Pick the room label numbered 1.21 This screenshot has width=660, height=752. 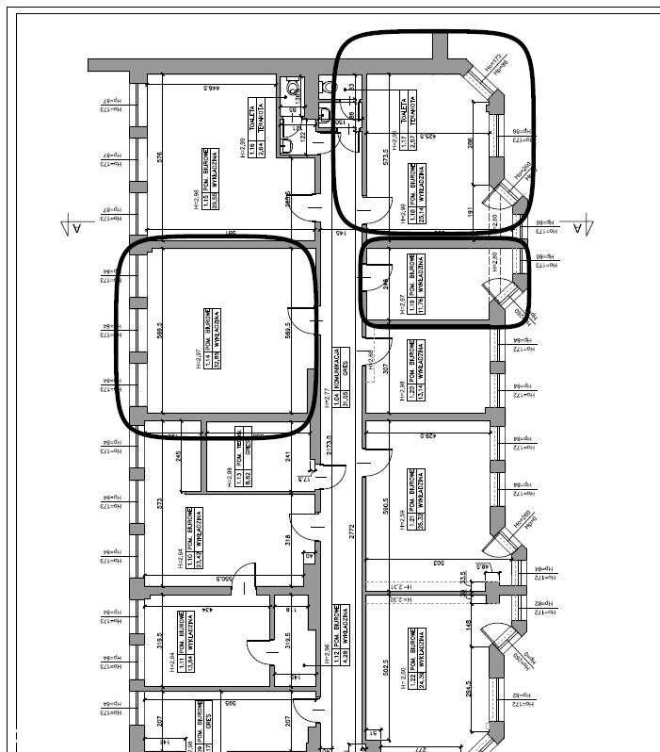click(x=415, y=499)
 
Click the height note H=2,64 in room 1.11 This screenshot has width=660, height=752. click(x=170, y=650)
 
